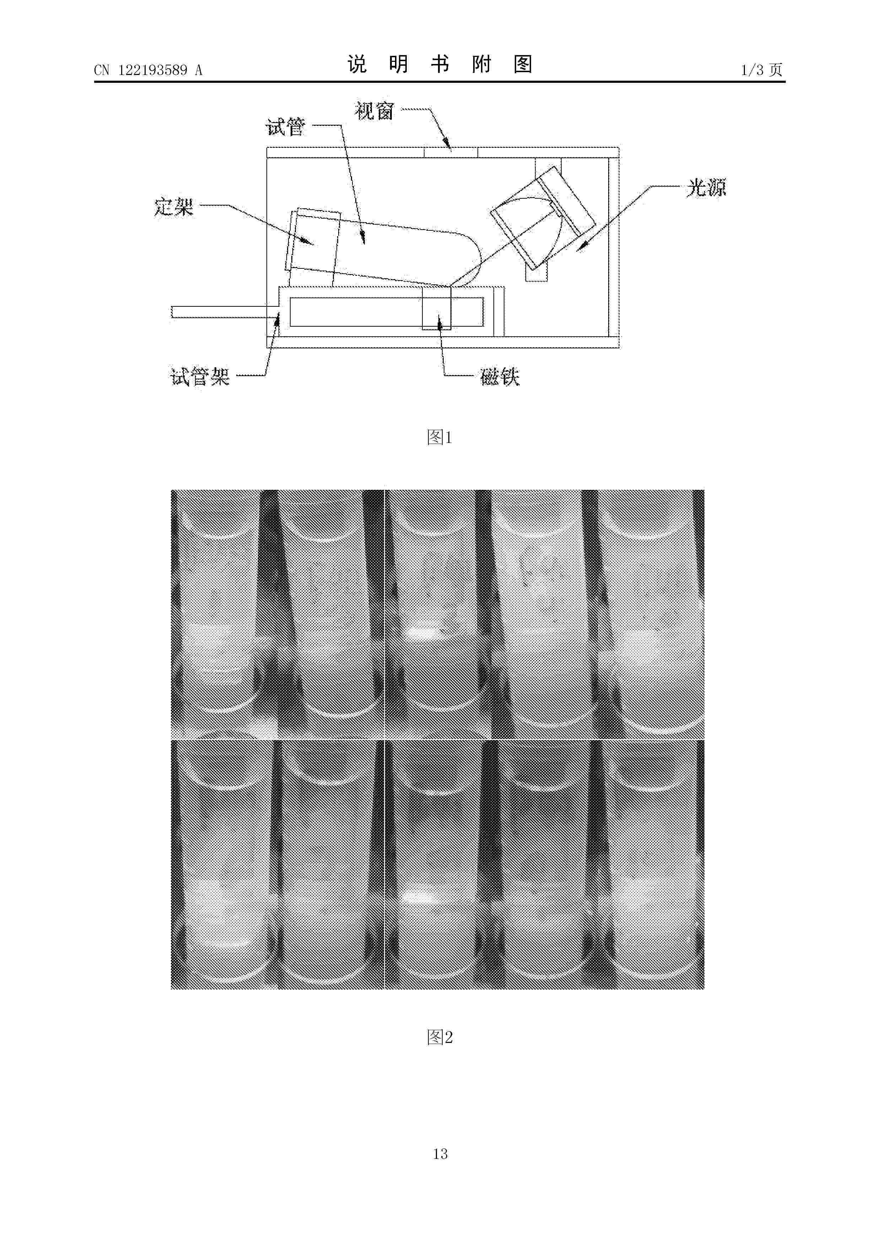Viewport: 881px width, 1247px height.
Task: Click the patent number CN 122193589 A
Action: coord(148,70)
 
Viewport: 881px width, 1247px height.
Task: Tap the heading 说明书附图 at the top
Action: coord(440,65)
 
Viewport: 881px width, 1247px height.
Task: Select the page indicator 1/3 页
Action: coord(762,70)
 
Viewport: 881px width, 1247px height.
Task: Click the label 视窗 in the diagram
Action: coord(374,111)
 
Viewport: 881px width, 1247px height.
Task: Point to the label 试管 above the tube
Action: coord(286,127)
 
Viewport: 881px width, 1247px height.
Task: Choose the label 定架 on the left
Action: coord(174,207)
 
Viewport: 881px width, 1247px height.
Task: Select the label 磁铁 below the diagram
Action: coord(500,376)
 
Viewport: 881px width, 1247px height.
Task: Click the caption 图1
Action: coord(440,437)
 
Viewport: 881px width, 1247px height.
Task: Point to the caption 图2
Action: coord(440,1037)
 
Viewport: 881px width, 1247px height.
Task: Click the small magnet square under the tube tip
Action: coord(437,308)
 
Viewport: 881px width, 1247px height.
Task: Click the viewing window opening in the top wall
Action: coord(450,152)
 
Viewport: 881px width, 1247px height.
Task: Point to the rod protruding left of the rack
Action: coord(225,312)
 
